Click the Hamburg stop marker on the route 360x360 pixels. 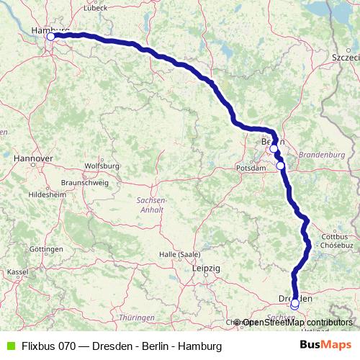point(51,36)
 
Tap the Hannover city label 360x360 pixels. point(33,157)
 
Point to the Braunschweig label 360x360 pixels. point(85,183)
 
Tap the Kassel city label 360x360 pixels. point(18,272)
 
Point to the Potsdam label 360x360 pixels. point(247,168)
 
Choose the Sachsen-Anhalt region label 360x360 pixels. point(151,204)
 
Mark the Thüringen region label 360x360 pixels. point(137,318)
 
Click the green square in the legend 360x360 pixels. point(10,346)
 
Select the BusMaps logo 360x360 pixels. point(325,346)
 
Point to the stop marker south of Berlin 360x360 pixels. point(281,166)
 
